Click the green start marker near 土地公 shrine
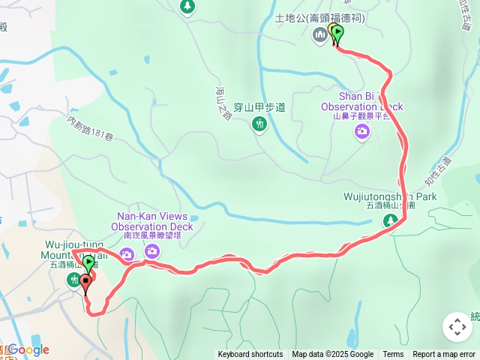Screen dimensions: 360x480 337,34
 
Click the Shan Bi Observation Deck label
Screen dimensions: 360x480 361,101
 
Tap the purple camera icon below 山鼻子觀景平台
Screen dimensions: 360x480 362,132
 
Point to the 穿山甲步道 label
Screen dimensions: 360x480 259,107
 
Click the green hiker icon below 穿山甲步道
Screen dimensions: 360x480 260,124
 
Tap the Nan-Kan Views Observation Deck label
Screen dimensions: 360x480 152,221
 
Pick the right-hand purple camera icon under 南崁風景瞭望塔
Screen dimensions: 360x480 152,252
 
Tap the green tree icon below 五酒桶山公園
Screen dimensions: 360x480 390,220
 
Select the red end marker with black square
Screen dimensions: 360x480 85,284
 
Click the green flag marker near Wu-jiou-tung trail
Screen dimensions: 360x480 88,263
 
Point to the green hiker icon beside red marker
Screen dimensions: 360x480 73,280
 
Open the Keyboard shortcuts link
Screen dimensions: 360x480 250,355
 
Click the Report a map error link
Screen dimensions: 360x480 444,355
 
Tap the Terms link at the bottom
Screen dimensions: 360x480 393,355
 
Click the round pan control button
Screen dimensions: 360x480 457,327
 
